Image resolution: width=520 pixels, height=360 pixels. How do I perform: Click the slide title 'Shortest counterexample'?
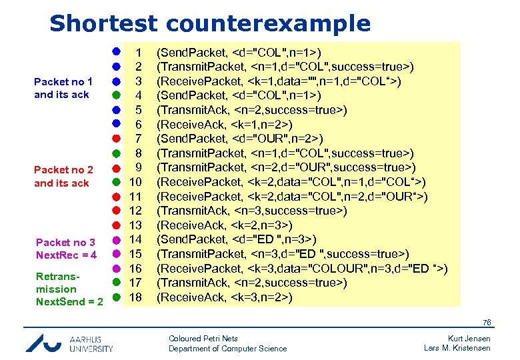[209, 23]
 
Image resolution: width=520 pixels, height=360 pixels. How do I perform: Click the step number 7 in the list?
[138, 139]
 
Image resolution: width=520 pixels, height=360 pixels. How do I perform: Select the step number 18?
[135, 297]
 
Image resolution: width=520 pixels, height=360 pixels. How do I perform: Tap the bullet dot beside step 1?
[115, 51]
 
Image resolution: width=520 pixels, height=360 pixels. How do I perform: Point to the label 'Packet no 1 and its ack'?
[63, 88]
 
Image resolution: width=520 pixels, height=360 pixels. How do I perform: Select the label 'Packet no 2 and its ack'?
[63, 176]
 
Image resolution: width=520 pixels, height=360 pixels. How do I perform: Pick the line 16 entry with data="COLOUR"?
[301, 269]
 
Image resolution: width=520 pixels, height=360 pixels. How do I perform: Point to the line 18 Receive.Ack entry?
[224, 297]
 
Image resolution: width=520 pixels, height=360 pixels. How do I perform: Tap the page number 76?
[486, 323]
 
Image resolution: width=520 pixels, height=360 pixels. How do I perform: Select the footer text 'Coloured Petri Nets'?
[203, 339]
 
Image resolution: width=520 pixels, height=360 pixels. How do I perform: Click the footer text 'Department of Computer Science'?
[227, 349]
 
